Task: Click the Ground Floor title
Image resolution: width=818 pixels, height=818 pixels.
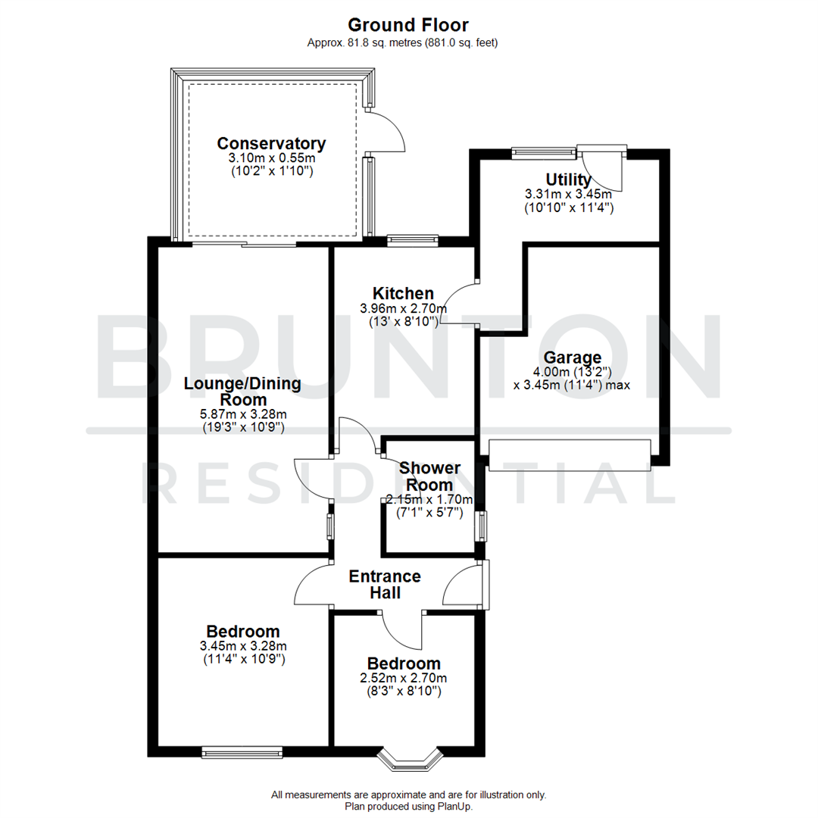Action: point(409,25)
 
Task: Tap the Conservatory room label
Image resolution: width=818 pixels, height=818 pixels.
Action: point(271,144)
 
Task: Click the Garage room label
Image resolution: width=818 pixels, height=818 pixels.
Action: point(572,357)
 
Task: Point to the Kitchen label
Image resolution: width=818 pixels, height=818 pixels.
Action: point(403,293)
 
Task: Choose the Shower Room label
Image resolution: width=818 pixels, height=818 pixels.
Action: point(429,476)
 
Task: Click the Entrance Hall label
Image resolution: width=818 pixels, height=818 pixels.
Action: point(385,585)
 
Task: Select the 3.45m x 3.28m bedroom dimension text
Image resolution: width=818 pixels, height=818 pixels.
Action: point(243,646)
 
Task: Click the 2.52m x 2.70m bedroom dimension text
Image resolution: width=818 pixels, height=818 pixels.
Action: point(403,678)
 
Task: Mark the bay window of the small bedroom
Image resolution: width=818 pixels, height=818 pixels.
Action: point(409,757)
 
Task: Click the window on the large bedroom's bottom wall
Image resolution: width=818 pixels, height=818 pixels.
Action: point(242,752)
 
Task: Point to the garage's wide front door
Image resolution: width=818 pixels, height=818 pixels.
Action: point(570,454)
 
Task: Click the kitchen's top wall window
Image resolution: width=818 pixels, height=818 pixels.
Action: point(413,241)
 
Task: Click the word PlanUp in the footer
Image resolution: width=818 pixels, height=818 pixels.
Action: point(456,807)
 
